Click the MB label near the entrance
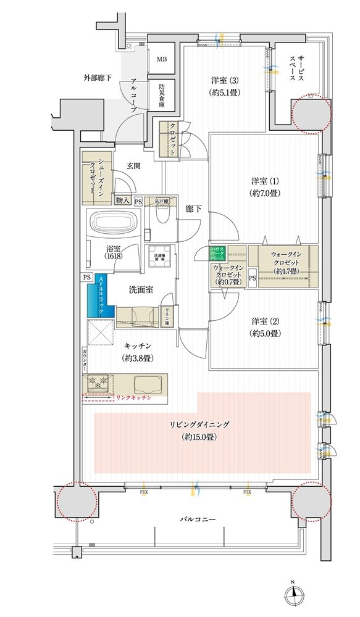(x=161, y=60)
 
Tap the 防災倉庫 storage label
(x=161, y=96)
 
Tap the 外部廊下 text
(x=98, y=77)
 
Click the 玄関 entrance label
(x=134, y=165)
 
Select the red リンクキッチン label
(x=133, y=399)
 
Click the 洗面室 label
(x=141, y=289)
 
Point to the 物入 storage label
(x=122, y=201)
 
